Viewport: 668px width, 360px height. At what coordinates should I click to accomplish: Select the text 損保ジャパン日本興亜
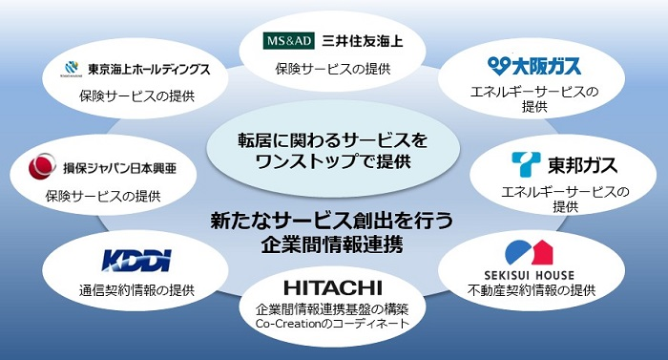click(115, 169)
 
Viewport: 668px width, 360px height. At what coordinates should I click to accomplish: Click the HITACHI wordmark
click(332, 286)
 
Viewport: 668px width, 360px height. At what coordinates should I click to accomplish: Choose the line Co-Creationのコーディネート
click(332, 324)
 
